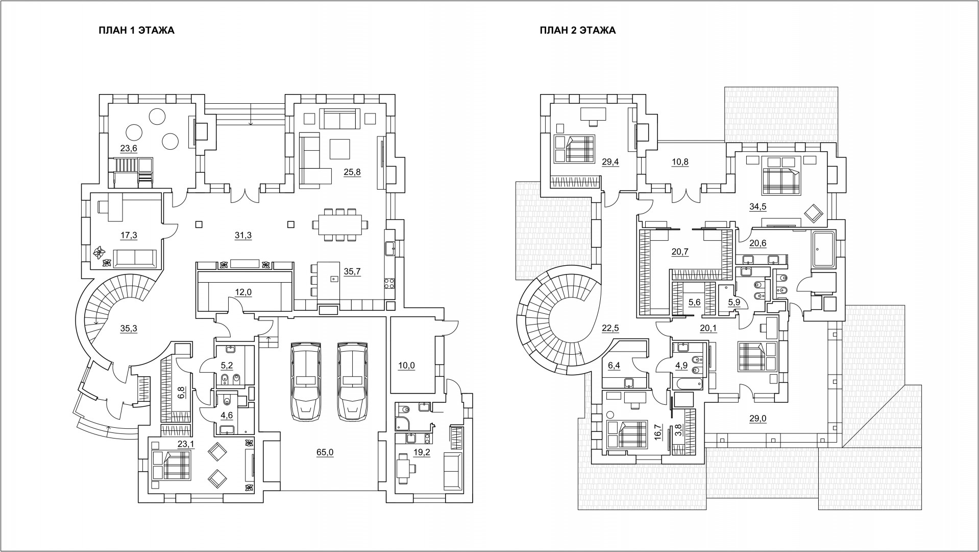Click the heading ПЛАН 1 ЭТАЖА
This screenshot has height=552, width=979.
[136, 30]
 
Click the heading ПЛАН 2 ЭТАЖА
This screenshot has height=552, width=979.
[578, 30]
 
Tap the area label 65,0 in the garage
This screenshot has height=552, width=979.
[325, 452]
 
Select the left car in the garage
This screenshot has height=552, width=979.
[306, 381]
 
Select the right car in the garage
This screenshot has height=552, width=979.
[352, 381]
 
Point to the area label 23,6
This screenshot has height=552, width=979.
[129, 148]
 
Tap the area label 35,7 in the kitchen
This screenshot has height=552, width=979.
[352, 271]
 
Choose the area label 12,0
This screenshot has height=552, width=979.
[243, 292]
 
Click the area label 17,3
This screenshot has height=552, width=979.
[129, 235]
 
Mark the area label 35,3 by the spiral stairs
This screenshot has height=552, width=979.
[129, 329]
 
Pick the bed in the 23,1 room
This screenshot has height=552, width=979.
[172, 465]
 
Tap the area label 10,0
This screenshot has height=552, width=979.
[407, 365]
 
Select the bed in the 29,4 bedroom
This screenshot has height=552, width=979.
[575, 148]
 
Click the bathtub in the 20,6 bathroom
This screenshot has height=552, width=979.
[823, 250]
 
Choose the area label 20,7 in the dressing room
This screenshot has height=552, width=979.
[679, 251]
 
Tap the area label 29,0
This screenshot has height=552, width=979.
[757, 419]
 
